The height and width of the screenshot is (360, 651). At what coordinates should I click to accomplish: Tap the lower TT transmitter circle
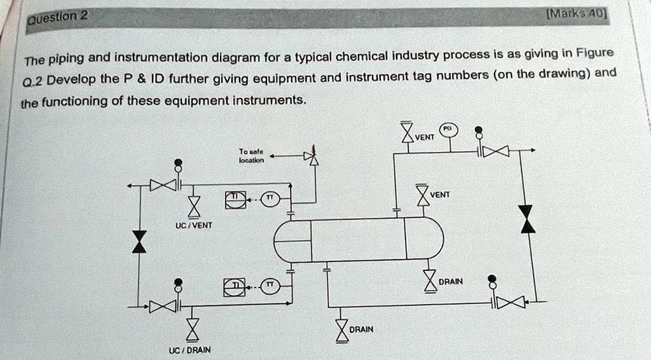(270, 287)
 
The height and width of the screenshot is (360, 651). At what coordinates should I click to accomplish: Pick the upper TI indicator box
(234, 199)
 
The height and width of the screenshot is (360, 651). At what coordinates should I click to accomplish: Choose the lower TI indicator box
(234, 287)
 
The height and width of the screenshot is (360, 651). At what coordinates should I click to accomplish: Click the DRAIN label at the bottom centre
(361, 329)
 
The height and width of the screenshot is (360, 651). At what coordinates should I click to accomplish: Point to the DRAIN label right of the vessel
(451, 281)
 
